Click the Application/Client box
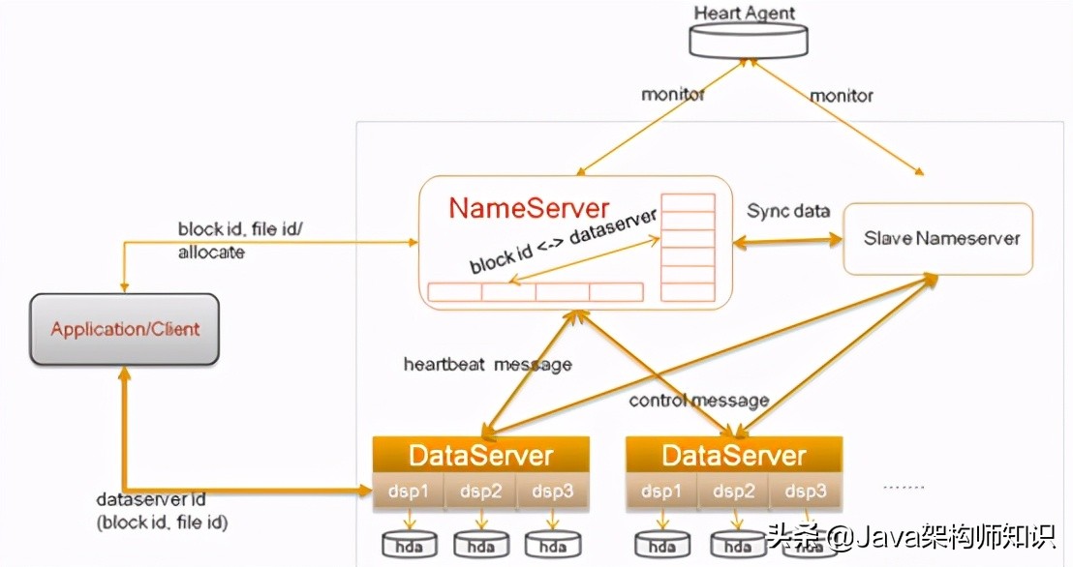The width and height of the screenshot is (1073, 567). click(x=125, y=329)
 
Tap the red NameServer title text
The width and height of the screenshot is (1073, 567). click(x=529, y=208)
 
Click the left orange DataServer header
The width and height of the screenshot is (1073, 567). click(x=480, y=456)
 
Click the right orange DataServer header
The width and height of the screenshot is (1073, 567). click(x=733, y=456)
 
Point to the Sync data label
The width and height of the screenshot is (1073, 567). click(x=788, y=212)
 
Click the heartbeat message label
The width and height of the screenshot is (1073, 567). click(x=487, y=365)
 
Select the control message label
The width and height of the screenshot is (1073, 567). click(x=698, y=400)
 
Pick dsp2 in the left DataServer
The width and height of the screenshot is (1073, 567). click(x=481, y=492)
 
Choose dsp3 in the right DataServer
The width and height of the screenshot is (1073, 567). click(x=806, y=492)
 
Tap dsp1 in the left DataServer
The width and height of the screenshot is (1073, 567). click(x=409, y=492)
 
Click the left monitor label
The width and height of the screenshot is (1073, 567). click(x=673, y=95)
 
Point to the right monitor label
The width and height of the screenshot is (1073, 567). click(x=841, y=96)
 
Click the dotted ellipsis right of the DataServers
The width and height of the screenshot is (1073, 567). click(x=904, y=487)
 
